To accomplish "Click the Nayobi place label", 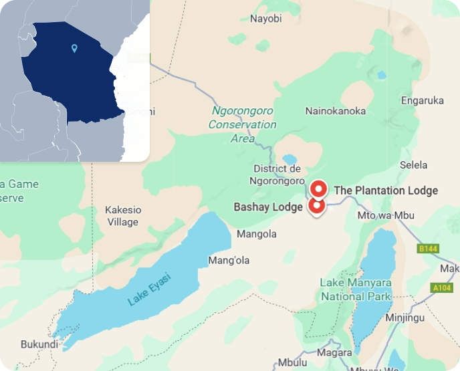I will pos(265,19).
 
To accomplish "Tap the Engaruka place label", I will pos(422,101).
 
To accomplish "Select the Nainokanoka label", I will pos(335,111).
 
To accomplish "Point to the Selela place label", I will pos(413,164).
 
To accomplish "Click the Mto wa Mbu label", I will pos(386,215).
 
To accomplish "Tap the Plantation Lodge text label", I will pos(386,191).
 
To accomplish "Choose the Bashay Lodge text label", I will pos(268,207).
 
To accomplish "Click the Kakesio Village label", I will pos(122,216).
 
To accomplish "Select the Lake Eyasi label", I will pos(150,289).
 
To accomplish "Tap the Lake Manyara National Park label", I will pos(355,289).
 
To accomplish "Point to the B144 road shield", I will pos(427,249).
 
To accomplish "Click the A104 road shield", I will pos(442,288).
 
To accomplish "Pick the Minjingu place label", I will pos(405,318).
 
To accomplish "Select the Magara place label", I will pos(334,352).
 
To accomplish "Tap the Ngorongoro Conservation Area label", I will pos(242,124).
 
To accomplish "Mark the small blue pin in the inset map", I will pos(74,48).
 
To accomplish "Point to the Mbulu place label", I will pos(292,363).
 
